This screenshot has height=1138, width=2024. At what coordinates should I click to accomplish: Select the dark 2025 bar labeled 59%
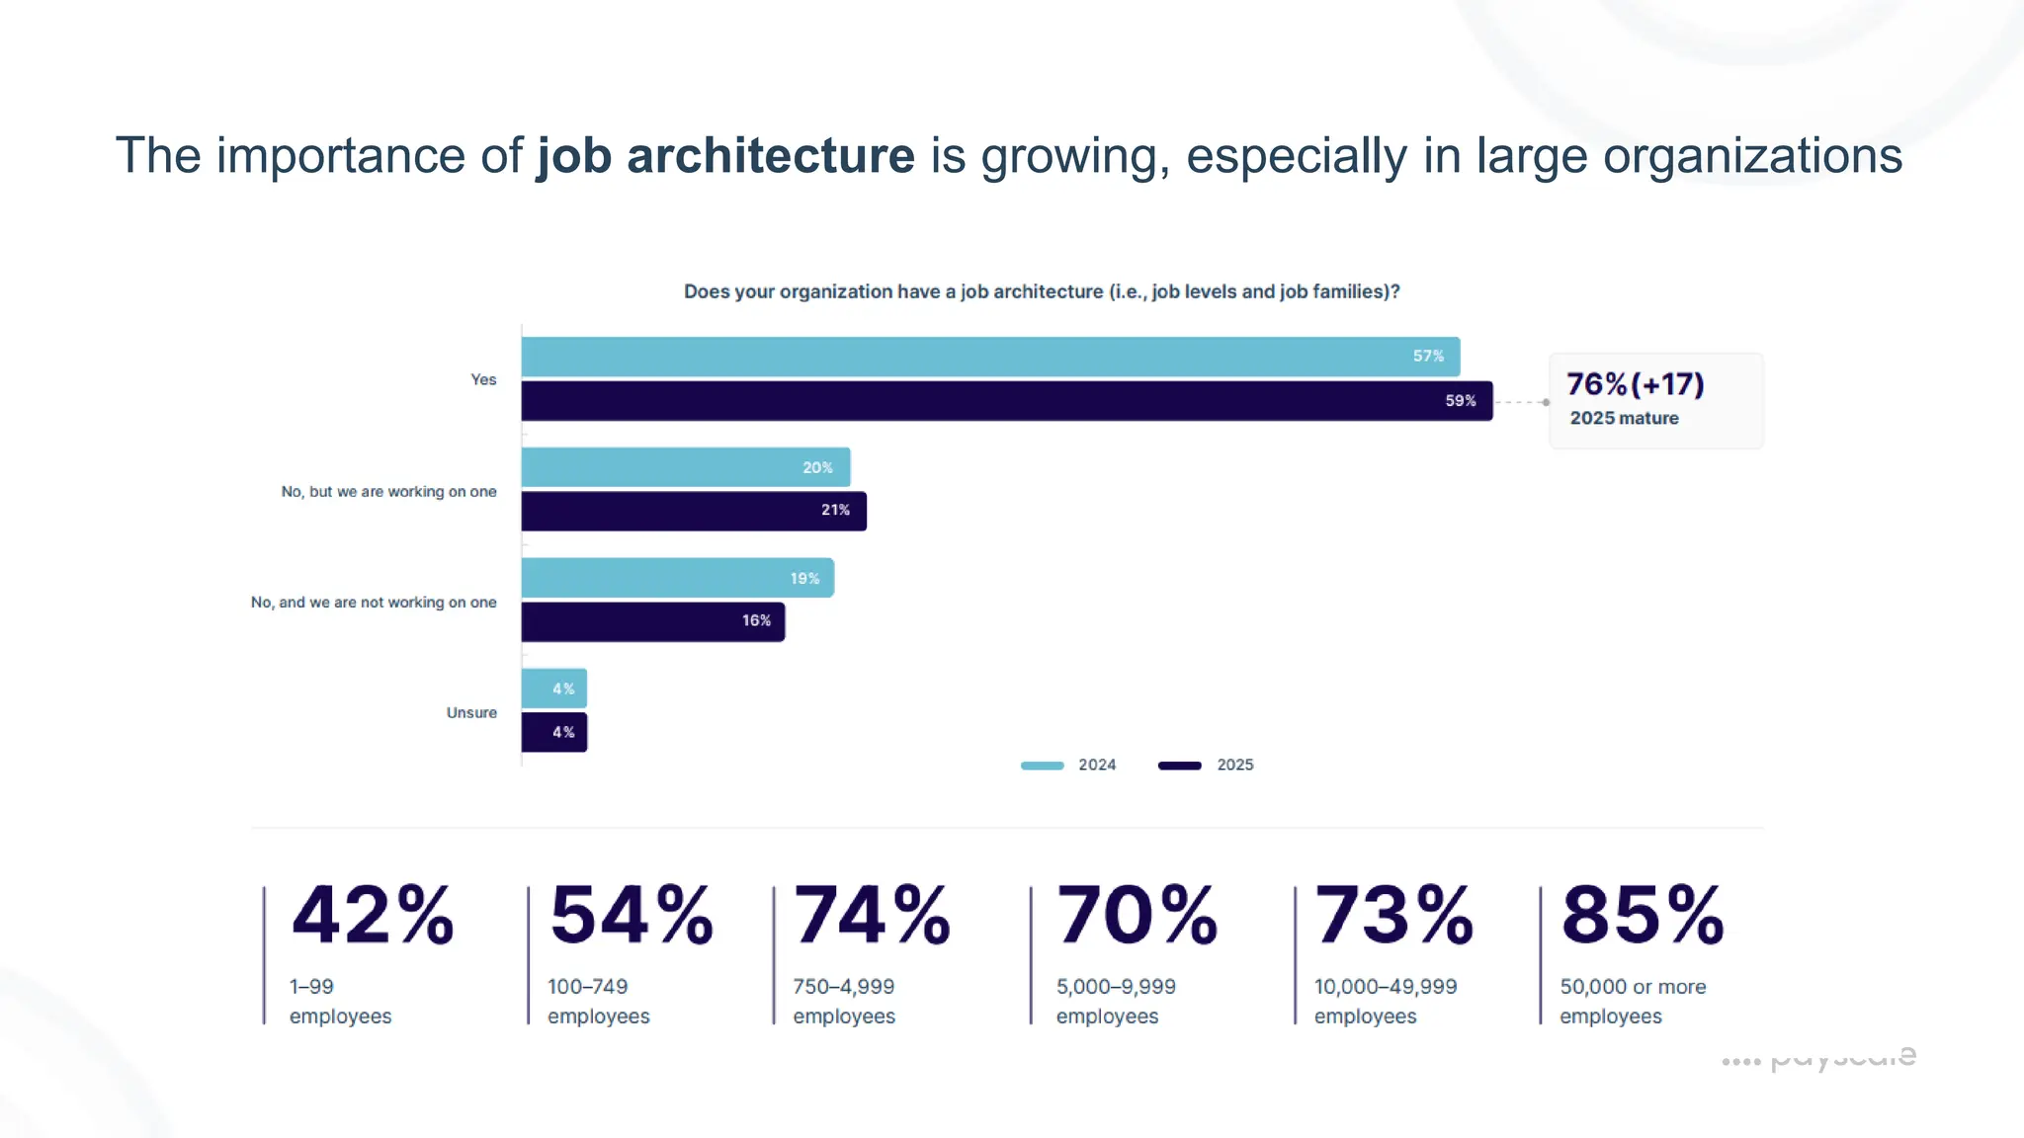(1006, 401)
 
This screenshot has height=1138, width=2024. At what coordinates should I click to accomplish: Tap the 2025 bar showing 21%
(694, 511)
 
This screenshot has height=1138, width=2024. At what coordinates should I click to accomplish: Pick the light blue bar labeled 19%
(677, 578)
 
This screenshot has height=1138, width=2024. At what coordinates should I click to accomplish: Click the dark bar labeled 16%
(652, 621)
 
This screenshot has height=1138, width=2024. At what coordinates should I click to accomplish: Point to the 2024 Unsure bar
(553, 689)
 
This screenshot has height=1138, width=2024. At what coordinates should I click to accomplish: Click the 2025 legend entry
(1206, 765)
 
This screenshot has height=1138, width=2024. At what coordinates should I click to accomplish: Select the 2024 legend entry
(1068, 765)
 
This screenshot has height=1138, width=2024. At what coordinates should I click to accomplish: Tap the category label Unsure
(471, 712)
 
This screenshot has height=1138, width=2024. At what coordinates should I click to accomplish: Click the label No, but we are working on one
(388, 491)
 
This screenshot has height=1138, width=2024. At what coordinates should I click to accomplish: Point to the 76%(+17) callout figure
(1635, 384)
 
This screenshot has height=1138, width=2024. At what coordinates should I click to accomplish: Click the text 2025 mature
(1624, 418)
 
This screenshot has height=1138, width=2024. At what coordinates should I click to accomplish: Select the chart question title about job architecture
(1042, 291)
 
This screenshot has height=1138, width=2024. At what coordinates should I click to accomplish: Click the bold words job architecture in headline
(725, 156)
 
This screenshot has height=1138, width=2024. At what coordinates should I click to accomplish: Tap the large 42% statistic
(373, 915)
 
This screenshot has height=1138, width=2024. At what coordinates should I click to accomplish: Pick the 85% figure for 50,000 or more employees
(1643, 915)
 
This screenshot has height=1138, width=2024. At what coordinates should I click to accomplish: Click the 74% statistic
(872, 915)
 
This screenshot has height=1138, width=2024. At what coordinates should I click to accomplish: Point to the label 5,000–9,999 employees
(1116, 1001)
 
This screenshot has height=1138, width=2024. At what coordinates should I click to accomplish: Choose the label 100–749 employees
(598, 1001)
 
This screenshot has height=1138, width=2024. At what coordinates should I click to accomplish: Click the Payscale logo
(1818, 1058)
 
